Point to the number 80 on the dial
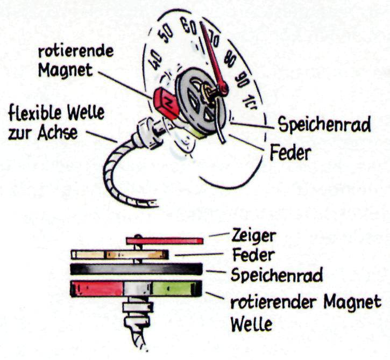230,59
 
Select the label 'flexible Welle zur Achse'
56,122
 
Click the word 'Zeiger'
254,235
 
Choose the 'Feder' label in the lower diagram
253,254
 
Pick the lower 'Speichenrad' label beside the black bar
276,275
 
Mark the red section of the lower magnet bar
97,289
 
